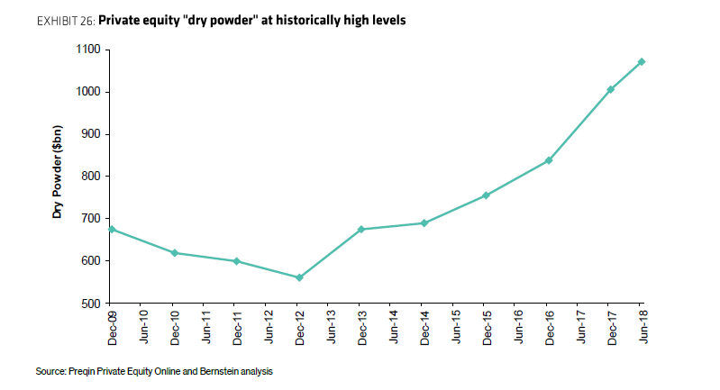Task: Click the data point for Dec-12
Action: [299, 277]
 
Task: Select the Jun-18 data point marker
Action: [642, 61]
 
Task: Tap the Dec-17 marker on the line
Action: [610, 89]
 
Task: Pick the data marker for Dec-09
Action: [111, 229]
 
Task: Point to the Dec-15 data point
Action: [486, 195]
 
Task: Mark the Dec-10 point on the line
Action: [174, 253]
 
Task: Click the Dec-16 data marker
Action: [548, 160]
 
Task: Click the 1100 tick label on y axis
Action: [88, 50]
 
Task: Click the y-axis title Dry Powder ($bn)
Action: [57, 175]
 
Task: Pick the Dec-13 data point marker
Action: [360, 229]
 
